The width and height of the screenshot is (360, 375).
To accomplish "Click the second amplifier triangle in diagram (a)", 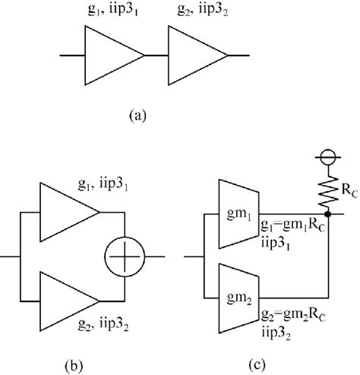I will [194, 55].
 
